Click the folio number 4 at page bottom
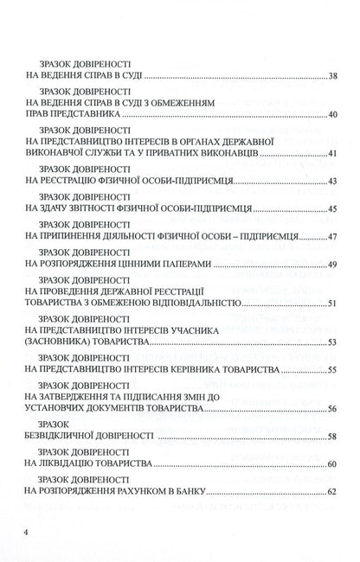28,531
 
